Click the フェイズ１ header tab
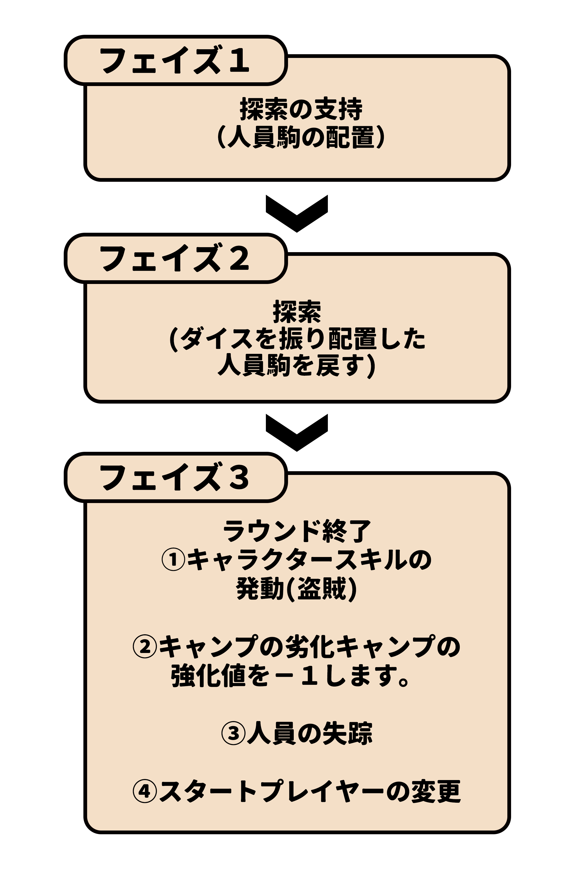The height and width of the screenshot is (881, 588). [175, 60]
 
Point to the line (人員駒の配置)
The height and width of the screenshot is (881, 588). [301, 138]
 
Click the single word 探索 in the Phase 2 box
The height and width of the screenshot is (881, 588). [297, 312]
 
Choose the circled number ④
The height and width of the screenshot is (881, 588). [144, 791]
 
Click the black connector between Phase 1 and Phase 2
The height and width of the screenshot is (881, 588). [297, 214]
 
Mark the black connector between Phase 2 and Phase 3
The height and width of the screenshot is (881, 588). [297, 433]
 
